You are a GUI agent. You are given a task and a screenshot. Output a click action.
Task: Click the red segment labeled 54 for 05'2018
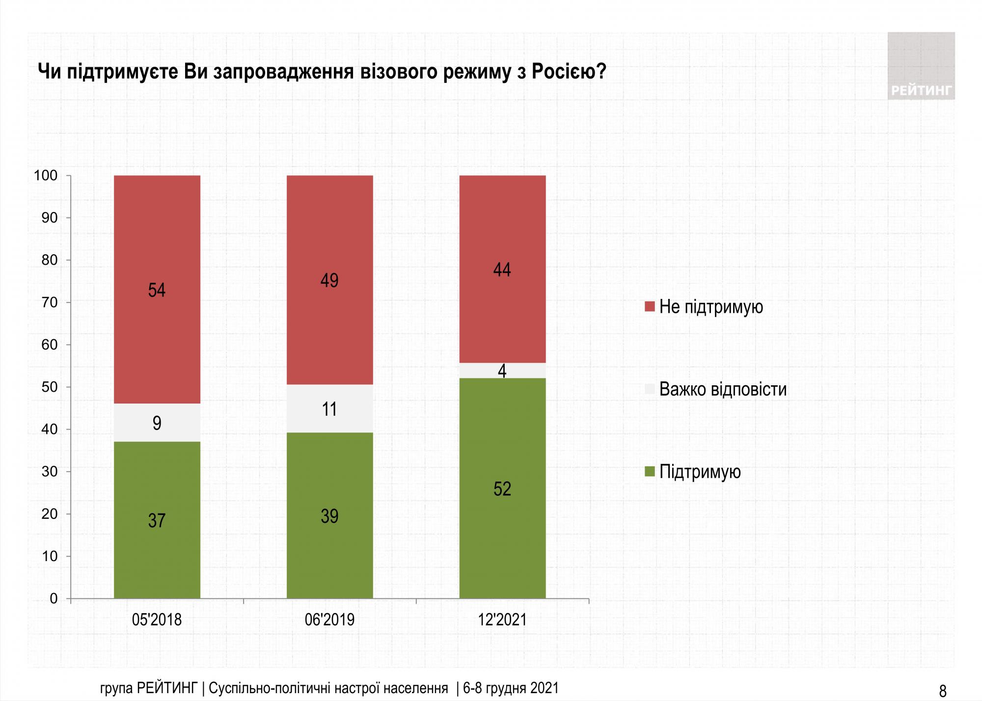pos(157,290)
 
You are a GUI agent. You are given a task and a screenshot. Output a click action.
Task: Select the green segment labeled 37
pos(157,520)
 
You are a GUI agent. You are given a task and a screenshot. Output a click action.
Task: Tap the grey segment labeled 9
pos(157,423)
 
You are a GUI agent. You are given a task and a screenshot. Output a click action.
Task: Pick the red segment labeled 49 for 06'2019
pos(329,280)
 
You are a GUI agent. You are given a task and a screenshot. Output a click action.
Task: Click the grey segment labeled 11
pos(329,408)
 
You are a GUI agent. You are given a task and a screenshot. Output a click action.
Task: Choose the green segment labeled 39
pos(329,515)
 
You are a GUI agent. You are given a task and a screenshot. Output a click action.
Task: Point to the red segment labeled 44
pos(502,269)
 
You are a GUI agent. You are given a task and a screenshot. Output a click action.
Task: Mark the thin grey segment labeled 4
pos(502,371)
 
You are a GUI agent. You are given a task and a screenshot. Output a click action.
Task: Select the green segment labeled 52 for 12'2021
pos(502,488)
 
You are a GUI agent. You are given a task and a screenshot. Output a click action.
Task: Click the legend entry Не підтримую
pos(710,307)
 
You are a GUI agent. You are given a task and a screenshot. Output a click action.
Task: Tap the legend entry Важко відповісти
pos(722,389)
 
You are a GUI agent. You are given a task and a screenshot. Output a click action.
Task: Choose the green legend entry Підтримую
pos(700,472)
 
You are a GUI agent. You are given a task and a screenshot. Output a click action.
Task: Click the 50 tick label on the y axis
pos(50,387)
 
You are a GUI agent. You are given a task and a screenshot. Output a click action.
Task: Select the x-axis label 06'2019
pos(329,620)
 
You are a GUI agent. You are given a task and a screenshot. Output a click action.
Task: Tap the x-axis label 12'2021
pos(502,620)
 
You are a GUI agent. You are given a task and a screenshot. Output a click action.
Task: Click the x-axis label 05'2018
pos(157,620)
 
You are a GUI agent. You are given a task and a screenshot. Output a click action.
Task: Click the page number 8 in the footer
pos(942,691)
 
